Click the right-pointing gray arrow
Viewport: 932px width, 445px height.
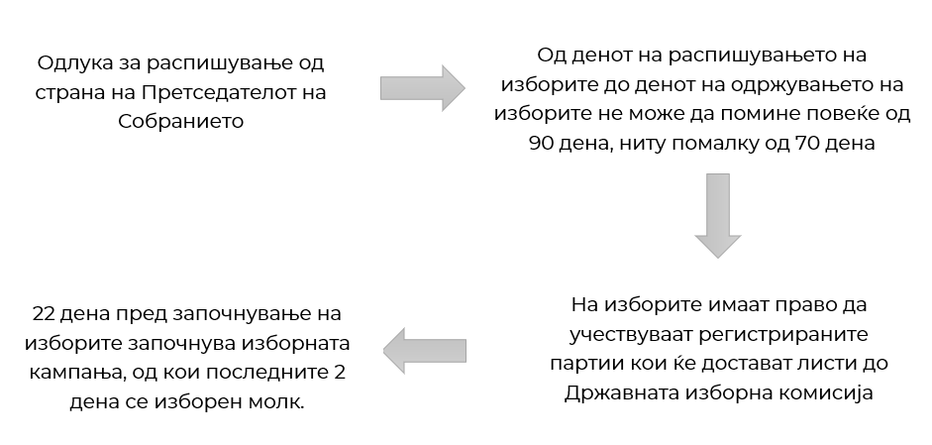pos(423,88)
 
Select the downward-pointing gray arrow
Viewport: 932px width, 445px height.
pos(717,216)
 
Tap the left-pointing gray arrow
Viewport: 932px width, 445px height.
pos(424,351)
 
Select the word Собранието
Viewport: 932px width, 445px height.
pos(180,122)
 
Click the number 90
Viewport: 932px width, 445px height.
pos(541,144)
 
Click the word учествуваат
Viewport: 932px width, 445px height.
pos(631,334)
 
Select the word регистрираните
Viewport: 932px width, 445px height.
pos(783,334)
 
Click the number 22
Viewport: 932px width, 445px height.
pos(44,313)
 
